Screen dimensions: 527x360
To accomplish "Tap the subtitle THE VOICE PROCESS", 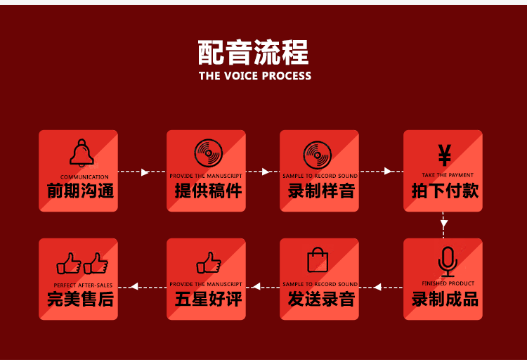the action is tap(254, 76).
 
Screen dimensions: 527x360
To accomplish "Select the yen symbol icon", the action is tap(444, 154).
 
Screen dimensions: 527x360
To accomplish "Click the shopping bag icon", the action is tap(318, 259).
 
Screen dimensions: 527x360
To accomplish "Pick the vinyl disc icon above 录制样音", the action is tap(317, 155).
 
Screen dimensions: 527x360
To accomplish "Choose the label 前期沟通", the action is tap(80, 191).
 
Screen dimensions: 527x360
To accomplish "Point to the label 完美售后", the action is tap(80, 299).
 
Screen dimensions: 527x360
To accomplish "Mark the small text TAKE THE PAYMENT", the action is tap(448, 175).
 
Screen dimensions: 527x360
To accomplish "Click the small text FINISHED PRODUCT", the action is tap(448, 283).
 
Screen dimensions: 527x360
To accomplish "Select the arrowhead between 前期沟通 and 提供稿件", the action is tap(145, 172).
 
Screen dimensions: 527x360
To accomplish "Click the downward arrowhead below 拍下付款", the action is tap(444, 225).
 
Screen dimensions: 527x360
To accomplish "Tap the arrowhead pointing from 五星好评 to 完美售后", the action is tap(134, 286).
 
